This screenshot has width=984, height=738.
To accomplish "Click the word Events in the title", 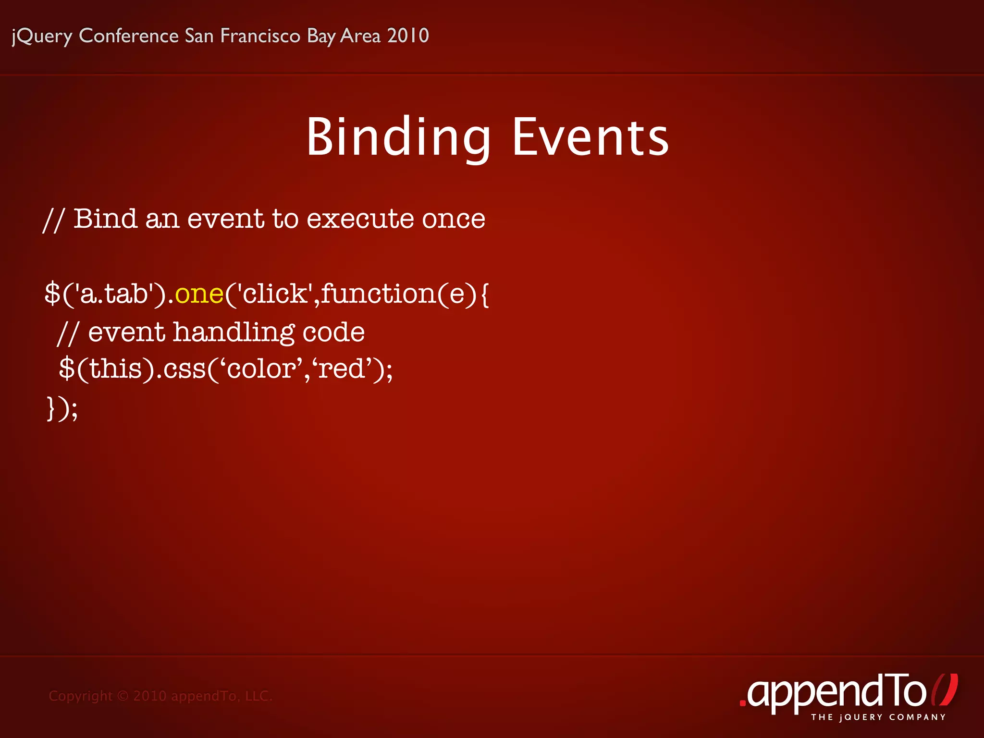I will [x=590, y=138].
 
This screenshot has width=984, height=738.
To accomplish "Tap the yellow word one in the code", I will [x=199, y=294].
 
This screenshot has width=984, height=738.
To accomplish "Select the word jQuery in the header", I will [x=42, y=36].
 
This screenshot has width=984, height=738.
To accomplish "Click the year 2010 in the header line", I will [x=408, y=36].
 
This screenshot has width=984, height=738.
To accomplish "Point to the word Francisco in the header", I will [x=260, y=36].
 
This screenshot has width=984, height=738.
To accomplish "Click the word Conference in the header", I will [x=129, y=36].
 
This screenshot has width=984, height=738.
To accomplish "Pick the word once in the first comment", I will [x=453, y=219].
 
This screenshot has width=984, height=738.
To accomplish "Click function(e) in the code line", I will [x=399, y=294].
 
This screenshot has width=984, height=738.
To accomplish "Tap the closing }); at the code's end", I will [x=62, y=408].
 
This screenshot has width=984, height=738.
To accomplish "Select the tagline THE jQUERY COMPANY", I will [x=878, y=717].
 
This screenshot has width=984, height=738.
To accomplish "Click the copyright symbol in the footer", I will [x=123, y=696].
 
